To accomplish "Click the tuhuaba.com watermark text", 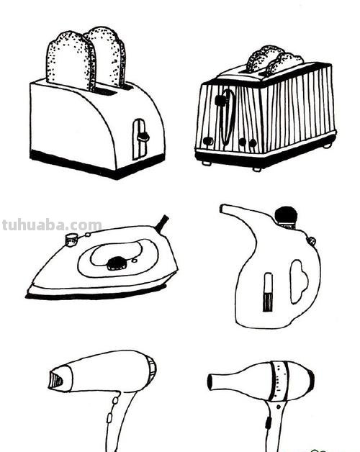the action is pos(52,225).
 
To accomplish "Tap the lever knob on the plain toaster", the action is pos(143,136).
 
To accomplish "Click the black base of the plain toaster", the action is pos(96,164).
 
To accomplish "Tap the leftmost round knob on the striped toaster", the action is pos(207,141).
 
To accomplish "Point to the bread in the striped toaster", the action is pos(274,61).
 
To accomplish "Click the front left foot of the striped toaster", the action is pos(207,163).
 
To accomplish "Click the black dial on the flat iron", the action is pos(117,263).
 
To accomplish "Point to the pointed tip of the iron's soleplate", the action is pos(27,291).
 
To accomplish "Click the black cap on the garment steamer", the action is pos(286,215).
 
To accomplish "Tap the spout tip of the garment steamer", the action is pos(222,209).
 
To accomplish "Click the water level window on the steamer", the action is pos(268,292).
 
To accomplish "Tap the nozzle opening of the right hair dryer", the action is pos(210,381).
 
